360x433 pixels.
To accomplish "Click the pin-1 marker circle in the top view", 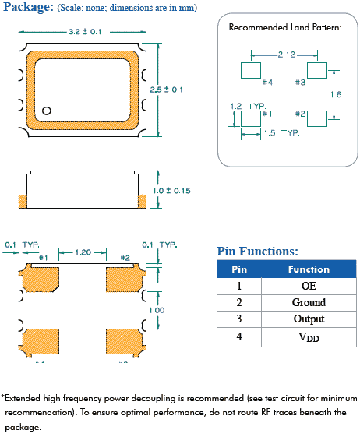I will click(x=47, y=111).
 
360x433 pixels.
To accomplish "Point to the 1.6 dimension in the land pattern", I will click(x=335, y=94).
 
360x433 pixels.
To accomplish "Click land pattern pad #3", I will click(x=316, y=70).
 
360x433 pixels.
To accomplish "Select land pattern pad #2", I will click(x=316, y=118).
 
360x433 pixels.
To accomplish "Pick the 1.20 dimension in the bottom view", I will click(x=85, y=253).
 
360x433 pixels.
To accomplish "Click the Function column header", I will click(x=309, y=269).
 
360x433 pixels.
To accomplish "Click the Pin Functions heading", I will click(x=257, y=252).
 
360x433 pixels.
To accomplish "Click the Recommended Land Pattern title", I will click(x=284, y=27).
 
